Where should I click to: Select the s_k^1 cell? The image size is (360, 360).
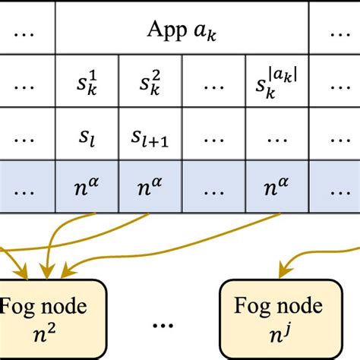coord(88,81)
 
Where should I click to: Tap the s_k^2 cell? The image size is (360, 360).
coord(150,81)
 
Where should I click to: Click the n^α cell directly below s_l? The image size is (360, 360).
coord(88,185)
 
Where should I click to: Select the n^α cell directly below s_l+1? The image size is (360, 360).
coord(150,185)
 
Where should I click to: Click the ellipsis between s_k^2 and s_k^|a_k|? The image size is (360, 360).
coord(213,81)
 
